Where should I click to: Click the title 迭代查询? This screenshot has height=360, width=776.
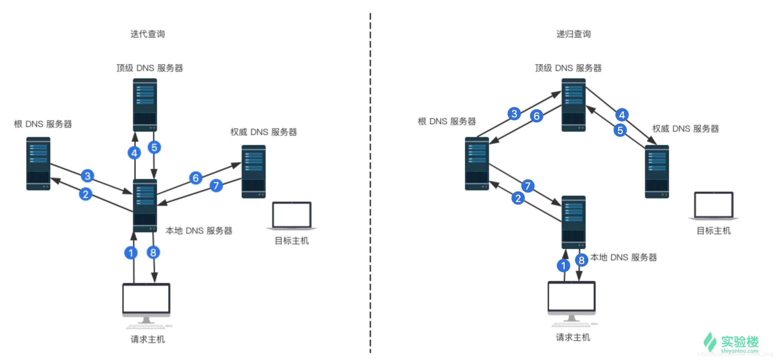pos(147,34)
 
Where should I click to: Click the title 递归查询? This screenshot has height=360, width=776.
pos(573,34)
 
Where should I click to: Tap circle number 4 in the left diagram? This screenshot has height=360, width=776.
pos(134,153)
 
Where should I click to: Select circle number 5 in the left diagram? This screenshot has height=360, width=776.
pos(154,147)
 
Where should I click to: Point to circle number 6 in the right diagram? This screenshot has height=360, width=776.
pos(536,116)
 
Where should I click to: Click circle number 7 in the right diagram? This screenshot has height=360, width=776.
pos(527,186)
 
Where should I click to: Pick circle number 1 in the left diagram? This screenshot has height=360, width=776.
pos(131,253)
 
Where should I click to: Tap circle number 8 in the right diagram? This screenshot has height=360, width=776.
pos(581,260)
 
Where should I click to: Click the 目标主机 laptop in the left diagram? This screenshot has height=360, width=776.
pos(292,216)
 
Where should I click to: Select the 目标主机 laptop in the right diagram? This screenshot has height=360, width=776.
pos(714,206)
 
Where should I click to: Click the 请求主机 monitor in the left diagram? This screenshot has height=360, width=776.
pos(146,300)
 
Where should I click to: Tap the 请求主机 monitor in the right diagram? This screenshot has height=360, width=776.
pos(571,298)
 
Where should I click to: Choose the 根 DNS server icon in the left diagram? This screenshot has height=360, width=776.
pos(38,163)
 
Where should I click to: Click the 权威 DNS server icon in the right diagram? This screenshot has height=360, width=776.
pos(657,171)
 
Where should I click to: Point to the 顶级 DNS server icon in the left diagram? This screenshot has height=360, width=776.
pos(145,105)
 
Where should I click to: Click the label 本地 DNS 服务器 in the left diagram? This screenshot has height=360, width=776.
pos(199,231)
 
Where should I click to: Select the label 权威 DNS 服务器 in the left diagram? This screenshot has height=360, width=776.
pos(263,132)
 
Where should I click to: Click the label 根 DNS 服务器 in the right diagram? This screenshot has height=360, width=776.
pos(447,121)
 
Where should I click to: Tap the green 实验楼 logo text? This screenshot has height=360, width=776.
pos(740,342)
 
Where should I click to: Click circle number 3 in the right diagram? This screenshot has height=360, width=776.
pos(514,114)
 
